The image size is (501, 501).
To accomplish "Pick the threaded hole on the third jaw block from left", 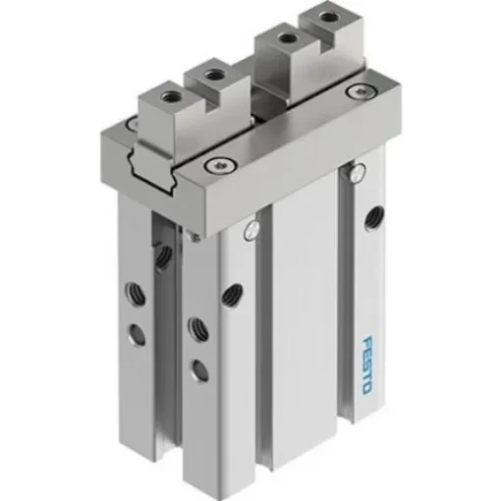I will point(286,39).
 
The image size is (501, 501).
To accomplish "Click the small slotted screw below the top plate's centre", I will point(251,231).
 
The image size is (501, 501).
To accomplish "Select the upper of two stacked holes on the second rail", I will point(195,324).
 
